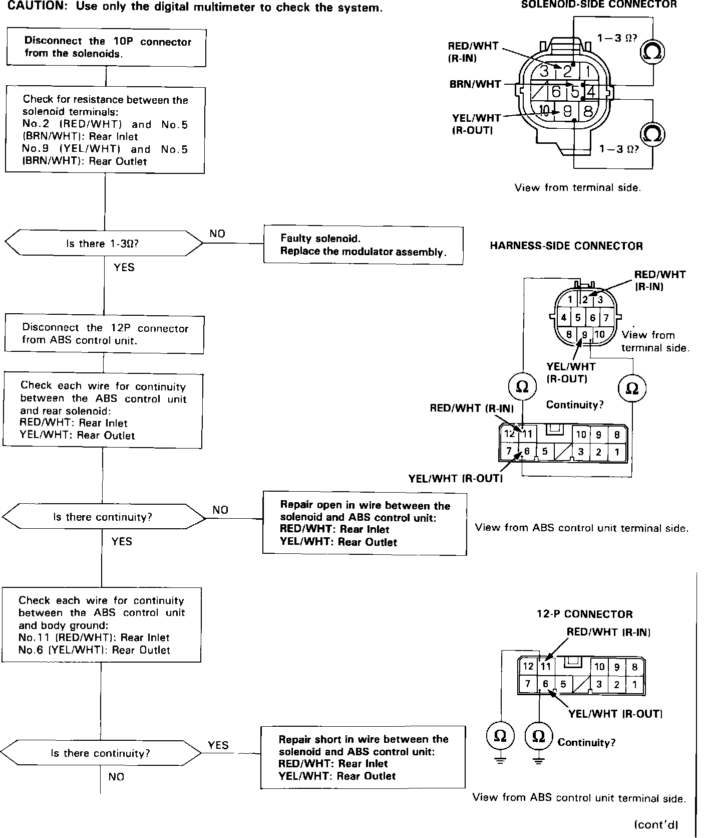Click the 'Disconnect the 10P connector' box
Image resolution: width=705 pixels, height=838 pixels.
(x=106, y=48)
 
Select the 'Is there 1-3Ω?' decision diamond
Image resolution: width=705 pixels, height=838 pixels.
(x=104, y=244)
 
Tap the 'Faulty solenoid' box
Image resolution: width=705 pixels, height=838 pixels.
(x=363, y=245)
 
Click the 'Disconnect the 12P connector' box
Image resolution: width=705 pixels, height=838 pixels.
(x=105, y=334)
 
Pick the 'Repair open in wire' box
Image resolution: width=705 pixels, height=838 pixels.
(x=365, y=524)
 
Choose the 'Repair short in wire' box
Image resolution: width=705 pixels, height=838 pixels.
(x=363, y=757)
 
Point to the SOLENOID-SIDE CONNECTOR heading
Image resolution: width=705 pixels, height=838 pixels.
(x=599, y=5)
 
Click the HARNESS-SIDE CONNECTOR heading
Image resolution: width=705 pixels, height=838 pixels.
(x=566, y=246)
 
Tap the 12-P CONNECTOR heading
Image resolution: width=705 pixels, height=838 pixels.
(x=584, y=614)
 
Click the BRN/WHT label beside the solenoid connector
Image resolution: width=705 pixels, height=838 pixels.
(x=475, y=84)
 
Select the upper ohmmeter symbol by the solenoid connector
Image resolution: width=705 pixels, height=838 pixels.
(x=652, y=52)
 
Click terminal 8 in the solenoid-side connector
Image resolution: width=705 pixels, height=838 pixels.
(x=588, y=110)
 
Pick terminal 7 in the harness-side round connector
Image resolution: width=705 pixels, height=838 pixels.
(x=606, y=318)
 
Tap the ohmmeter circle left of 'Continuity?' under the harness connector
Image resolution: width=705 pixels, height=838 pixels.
(x=522, y=387)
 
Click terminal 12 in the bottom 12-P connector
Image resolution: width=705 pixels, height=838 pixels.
(x=528, y=667)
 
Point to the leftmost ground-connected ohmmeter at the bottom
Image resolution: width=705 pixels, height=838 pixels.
(x=500, y=736)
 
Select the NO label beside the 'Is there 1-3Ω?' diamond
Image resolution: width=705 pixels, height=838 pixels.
(x=217, y=234)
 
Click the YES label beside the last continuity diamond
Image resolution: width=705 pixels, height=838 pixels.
(x=218, y=745)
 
